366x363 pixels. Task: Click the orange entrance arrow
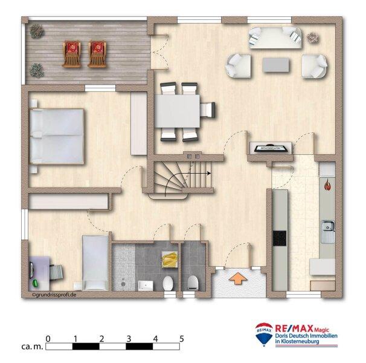pos(239,278)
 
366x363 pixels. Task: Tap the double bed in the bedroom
pos(57,137)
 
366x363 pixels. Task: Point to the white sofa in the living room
pos(275,38)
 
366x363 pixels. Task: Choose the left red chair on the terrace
pos(72,53)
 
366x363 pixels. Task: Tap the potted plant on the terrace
pos(37,30)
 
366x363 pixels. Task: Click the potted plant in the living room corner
pos(312,38)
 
